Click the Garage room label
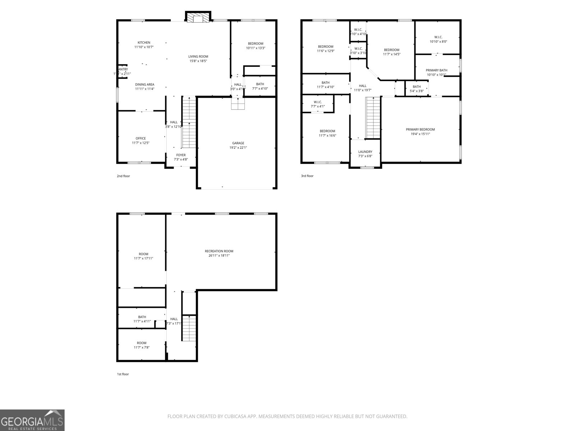coord(238,143)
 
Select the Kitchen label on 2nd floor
coord(144,42)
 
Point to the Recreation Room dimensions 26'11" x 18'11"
coord(219,256)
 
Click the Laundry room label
coord(365,152)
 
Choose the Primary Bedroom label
coord(420,129)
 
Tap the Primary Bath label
coord(436,70)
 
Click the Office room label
coord(141,138)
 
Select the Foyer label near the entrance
coord(181,155)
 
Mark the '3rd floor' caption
coord(307,176)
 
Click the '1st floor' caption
coord(123,374)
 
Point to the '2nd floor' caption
coord(123,176)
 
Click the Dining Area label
coord(145,84)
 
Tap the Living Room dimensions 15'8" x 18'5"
coord(198,61)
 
